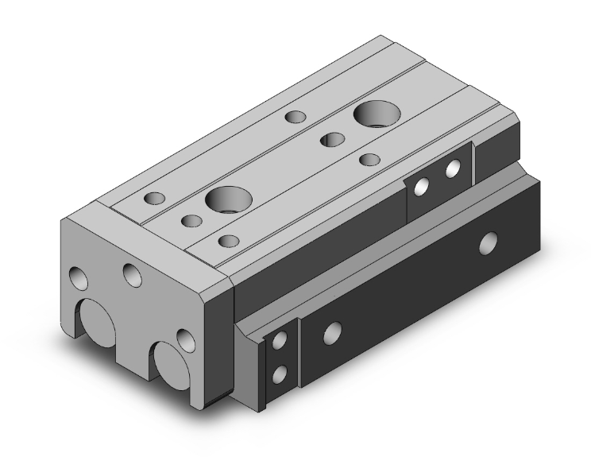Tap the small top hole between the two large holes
click(330, 141)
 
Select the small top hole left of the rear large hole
click(296, 118)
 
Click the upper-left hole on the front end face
click(78, 278)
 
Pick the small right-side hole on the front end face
click(185, 339)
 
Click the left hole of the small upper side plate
click(423, 186)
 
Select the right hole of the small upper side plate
click(453, 168)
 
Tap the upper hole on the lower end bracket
click(279, 341)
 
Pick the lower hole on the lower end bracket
click(279, 373)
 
